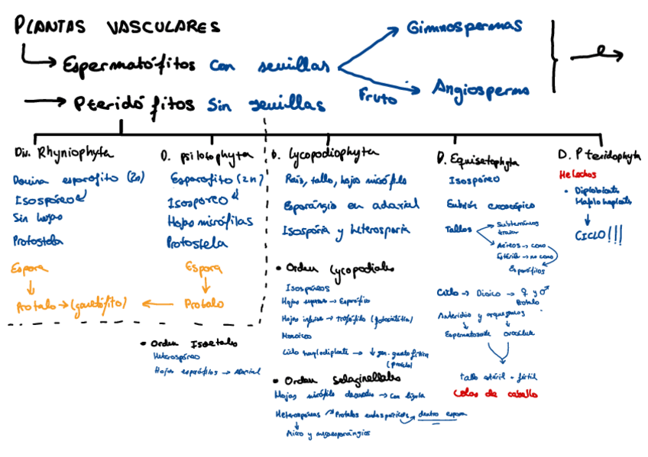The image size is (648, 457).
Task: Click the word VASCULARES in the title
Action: tap(162, 27)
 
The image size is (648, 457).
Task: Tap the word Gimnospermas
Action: tap(465, 27)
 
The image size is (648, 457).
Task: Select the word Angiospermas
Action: tap(480, 89)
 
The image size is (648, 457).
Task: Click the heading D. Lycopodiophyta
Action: tap(325, 155)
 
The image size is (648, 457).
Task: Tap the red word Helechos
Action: tap(578, 175)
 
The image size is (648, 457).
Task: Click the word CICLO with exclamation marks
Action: tap(598, 236)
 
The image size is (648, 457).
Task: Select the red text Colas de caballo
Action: tap(494, 394)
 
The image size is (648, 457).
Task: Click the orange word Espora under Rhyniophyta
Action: tap(30, 268)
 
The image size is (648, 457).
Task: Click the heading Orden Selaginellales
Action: tap(337, 379)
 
